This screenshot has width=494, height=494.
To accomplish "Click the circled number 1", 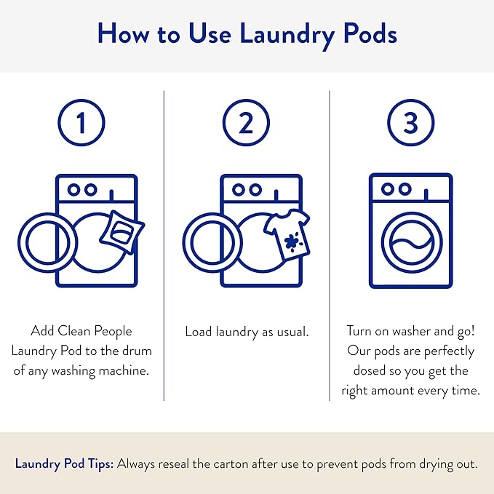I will [x=81, y=123].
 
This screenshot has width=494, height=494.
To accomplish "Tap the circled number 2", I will [x=246, y=123].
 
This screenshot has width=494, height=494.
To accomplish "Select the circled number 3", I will [x=410, y=123].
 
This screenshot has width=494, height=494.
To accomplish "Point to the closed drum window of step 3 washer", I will [x=411, y=245].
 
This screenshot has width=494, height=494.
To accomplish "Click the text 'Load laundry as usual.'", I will [x=247, y=332].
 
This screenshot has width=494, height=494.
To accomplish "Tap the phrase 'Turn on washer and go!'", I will [x=410, y=332].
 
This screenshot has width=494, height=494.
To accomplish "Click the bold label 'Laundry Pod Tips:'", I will [x=63, y=463].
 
